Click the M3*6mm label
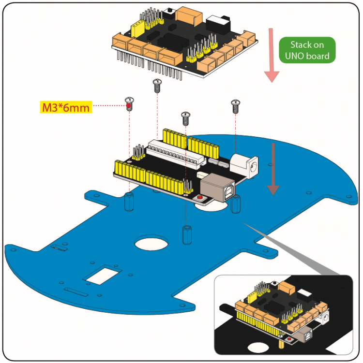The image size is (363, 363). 66,107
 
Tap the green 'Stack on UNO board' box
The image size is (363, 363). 306,51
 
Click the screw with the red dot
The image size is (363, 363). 129,103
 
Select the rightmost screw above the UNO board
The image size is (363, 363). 236,105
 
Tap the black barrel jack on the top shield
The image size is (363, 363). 218,23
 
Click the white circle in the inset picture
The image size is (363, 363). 258,347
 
